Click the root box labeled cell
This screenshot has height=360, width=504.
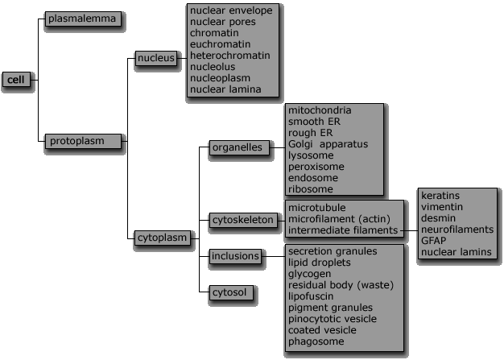(16, 80)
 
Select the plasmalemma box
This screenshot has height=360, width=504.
(83, 19)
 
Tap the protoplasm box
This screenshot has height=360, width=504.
(83, 141)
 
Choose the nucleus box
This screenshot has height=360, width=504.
(156, 58)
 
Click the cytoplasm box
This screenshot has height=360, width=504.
(163, 238)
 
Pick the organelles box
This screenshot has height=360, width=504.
(239, 147)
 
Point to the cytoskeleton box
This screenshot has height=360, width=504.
(243, 220)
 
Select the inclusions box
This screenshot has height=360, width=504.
(235, 256)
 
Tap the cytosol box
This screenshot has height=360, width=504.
(231, 292)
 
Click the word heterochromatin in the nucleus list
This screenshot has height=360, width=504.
(229, 56)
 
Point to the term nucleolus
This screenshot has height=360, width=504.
(213, 67)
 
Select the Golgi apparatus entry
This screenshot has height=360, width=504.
(328, 144)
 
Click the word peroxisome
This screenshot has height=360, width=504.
(316, 167)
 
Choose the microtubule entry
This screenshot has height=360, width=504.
(317, 208)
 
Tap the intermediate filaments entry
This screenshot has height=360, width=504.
(343, 230)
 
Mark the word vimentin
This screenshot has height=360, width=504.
(442, 207)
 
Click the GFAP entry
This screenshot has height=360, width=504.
(434, 241)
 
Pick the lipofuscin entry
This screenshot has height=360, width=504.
(311, 296)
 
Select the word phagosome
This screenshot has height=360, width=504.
(316, 341)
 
